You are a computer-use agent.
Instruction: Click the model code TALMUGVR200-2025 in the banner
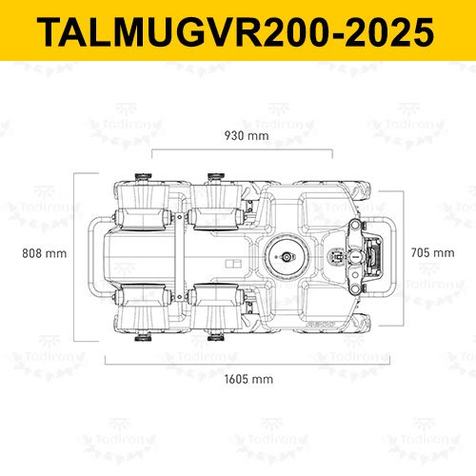pos(235,32)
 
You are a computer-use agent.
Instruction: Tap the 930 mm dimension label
pos(247,136)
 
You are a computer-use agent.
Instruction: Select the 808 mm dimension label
pos(45,253)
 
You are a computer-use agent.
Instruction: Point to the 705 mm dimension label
pos(432,253)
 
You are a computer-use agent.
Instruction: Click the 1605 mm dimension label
pos(248,379)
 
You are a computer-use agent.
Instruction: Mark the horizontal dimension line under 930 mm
pos(242,149)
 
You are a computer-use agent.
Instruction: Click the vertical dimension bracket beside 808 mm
pos(74,257)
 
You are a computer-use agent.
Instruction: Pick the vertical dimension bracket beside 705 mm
pos(404,258)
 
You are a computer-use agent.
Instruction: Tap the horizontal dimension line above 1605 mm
pos(248,364)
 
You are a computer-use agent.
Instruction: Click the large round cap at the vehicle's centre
pos(287,256)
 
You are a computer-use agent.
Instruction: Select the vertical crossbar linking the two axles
pos(179,257)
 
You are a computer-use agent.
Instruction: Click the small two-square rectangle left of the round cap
pos(233,264)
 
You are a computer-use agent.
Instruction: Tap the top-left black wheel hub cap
pos(143,176)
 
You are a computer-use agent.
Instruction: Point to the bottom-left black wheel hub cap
pos(143,338)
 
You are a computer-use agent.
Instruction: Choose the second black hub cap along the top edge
pos(216,176)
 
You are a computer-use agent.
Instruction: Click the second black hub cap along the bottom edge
pos(216,338)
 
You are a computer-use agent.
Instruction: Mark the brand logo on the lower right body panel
pos(321,325)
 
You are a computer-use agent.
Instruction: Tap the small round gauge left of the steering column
pos(336,256)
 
